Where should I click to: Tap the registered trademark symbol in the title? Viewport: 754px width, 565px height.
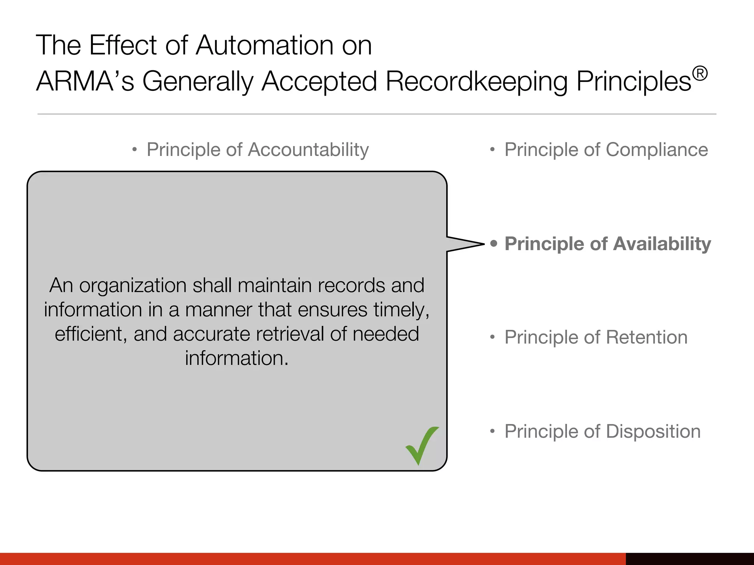(x=700, y=74)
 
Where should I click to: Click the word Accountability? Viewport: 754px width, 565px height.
(x=308, y=150)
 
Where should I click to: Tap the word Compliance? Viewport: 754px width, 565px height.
(x=657, y=150)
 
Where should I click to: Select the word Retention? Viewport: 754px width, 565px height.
(x=646, y=337)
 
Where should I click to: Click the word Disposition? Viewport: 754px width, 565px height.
(x=653, y=431)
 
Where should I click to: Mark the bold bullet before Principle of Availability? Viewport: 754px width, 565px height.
(x=494, y=244)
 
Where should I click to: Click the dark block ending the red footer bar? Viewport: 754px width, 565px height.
(x=690, y=559)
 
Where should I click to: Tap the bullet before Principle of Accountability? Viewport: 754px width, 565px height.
(x=135, y=150)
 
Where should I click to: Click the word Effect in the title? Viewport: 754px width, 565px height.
(x=123, y=45)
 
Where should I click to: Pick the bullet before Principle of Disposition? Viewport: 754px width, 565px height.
(x=492, y=431)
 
